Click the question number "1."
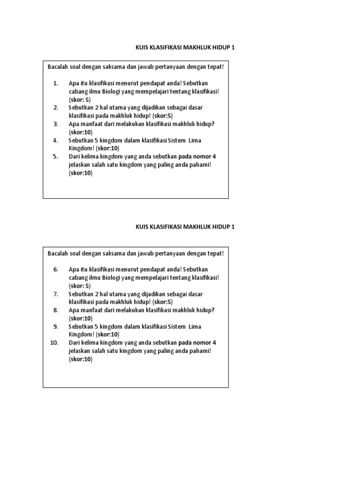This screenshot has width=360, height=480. pyautogui.click(x=55, y=83)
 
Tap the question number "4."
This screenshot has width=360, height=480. pyautogui.click(x=55, y=140)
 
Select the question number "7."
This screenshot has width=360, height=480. pyautogui.click(x=55, y=294)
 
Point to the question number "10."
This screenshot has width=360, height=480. pyautogui.click(x=54, y=343)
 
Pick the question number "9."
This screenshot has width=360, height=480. pyautogui.click(x=55, y=326)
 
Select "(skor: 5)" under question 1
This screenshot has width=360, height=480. pyautogui.click(x=80, y=99)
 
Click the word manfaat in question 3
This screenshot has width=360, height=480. pyautogui.click(x=91, y=124)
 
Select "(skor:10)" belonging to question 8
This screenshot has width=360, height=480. pyautogui.click(x=81, y=318)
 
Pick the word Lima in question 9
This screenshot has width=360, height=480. pyautogui.click(x=194, y=326)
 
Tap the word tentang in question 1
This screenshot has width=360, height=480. pyautogui.click(x=176, y=91)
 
